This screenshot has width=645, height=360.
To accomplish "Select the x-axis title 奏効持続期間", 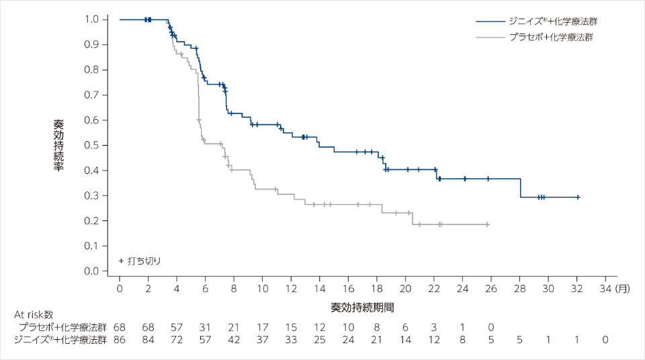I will tap(362, 307).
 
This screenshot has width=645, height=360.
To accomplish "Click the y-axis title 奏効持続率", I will tap(58, 145).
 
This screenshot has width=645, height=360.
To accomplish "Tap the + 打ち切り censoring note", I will tap(140, 260).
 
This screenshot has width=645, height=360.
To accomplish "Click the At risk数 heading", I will tap(34, 314).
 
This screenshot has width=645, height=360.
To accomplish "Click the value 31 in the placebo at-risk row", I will tap(206, 326).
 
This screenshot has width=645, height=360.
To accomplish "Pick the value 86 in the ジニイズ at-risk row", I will tap(120, 340).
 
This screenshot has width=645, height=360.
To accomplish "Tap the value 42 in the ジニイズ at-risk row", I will tap(234, 340).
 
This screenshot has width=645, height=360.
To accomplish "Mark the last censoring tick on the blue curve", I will tap(578, 197).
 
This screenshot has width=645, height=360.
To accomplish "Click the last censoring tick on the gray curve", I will tap(487, 224).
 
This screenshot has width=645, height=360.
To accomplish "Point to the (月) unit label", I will tap(622, 289).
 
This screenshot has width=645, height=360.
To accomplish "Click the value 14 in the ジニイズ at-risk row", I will tap(405, 340).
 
